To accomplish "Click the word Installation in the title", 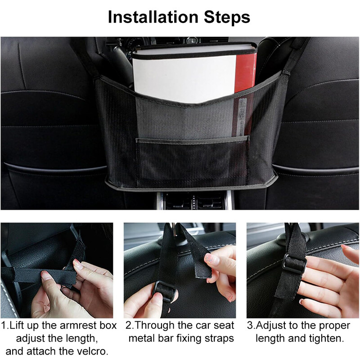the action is point(153,17).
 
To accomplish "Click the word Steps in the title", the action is point(227,18).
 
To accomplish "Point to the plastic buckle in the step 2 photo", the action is point(165,291).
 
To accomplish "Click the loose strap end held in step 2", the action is point(200,264).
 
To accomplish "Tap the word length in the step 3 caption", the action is point(270,339).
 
